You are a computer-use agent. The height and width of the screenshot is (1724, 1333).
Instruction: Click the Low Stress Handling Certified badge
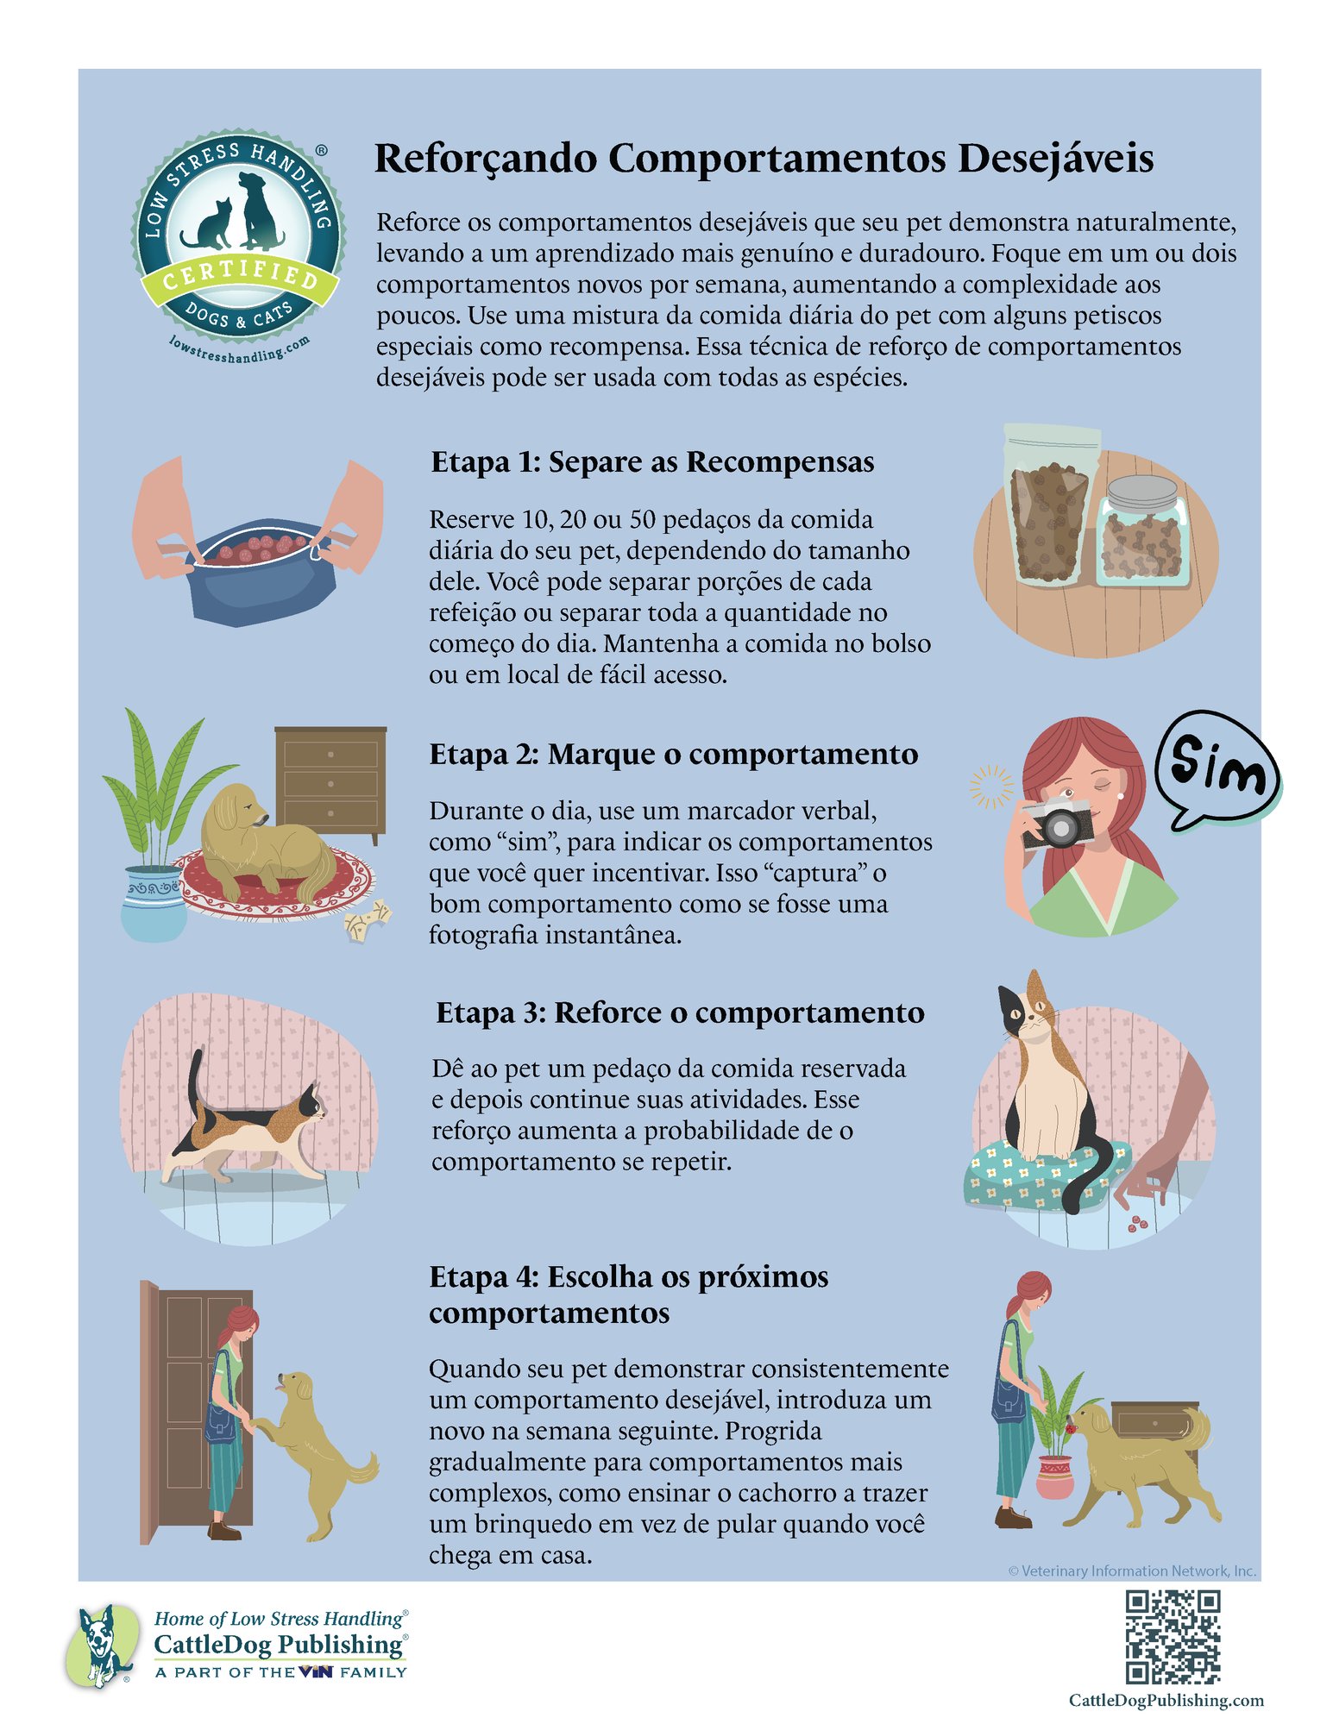(238, 246)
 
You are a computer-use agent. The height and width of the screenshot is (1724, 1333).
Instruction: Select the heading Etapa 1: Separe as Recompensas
(652, 462)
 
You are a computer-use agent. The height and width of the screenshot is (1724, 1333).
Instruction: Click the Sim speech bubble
(1217, 768)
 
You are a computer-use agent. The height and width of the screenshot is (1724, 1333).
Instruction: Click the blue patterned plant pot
(154, 902)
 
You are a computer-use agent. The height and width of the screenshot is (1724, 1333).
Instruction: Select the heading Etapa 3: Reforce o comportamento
(680, 1012)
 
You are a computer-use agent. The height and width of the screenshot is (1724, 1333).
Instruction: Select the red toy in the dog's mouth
(1075, 1427)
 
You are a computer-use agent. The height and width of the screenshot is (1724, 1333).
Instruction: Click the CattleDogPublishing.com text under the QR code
(1166, 1700)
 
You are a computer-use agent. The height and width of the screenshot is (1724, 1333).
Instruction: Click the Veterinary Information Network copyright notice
(1131, 1570)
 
